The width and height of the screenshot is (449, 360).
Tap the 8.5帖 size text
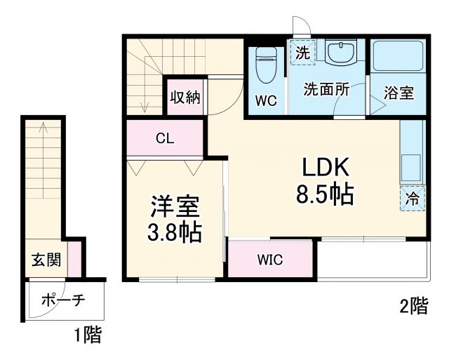[324, 194]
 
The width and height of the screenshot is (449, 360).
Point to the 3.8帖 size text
[175, 231]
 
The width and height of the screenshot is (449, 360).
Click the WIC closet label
[269, 260]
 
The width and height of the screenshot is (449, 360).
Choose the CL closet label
[165, 138]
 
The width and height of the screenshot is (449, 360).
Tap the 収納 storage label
[185, 97]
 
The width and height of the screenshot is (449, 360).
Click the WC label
[266, 101]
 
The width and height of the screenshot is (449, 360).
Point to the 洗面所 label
[326, 89]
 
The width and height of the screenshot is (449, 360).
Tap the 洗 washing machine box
[302, 52]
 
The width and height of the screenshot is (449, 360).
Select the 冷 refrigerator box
[413, 198]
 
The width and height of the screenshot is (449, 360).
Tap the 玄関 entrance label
[46, 260]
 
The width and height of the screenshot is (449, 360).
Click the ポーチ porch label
[63, 301]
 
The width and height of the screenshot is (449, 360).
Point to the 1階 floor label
[87, 335]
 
